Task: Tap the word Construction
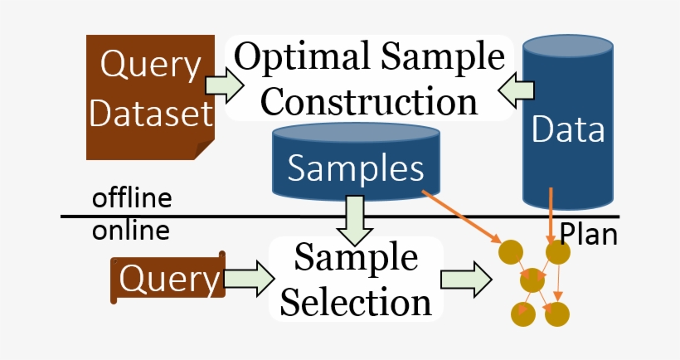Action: (x=375, y=101)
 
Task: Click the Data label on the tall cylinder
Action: (x=568, y=130)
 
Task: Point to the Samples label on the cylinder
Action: (x=356, y=168)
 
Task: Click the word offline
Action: (x=132, y=199)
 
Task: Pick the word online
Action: (x=130, y=230)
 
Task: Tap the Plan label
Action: (x=589, y=234)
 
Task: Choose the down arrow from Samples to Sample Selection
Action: (x=354, y=217)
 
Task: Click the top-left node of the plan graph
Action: (x=509, y=251)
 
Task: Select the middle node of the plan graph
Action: (x=532, y=281)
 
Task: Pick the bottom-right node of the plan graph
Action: (x=557, y=314)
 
